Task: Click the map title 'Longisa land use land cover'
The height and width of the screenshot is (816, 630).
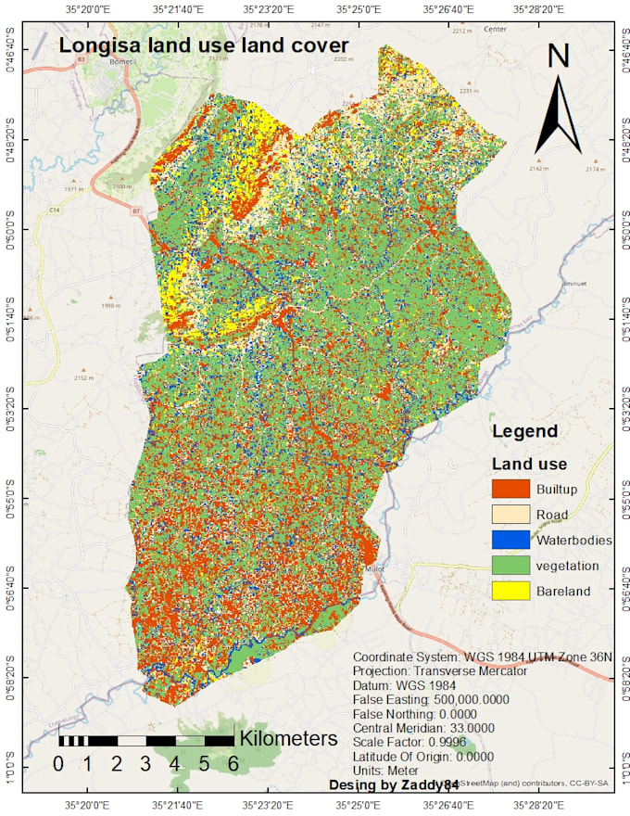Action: (x=203, y=45)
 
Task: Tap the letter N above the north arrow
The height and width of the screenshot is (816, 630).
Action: (x=558, y=57)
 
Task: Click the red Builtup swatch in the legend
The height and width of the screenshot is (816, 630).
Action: (x=509, y=489)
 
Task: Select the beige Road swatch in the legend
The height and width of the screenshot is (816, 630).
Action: (x=509, y=515)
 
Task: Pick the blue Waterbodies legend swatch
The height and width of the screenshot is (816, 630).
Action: (x=509, y=540)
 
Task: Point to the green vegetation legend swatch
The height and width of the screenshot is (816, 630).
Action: (x=509, y=565)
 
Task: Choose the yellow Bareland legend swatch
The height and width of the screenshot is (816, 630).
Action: (x=509, y=590)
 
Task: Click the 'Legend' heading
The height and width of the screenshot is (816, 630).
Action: (x=524, y=431)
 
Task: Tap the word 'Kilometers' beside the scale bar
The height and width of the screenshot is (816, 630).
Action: (x=288, y=739)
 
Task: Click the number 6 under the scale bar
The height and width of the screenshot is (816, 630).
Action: (x=233, y=764)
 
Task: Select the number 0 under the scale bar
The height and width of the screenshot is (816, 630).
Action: (x=58, y=764)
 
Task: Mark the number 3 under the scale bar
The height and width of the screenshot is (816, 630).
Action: (x=145, y=764)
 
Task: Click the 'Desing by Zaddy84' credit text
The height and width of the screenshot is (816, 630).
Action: (x=394, y=784)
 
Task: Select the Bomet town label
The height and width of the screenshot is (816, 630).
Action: (x=121, y=62)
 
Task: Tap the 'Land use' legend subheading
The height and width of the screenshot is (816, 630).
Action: (x=529, y=464)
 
